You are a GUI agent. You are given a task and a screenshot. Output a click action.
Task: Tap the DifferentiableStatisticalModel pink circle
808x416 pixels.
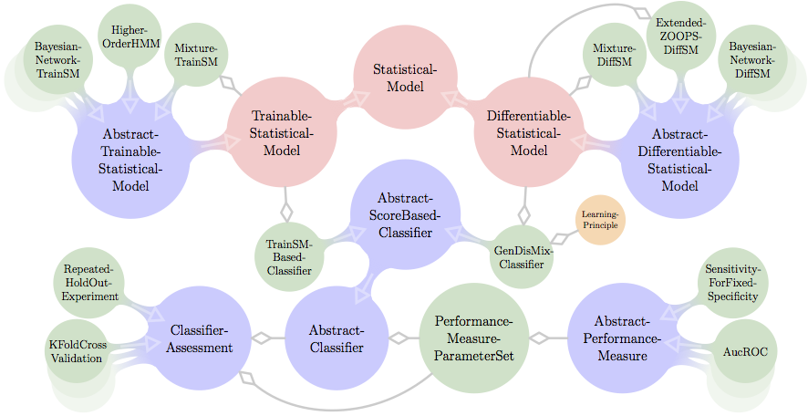(528, 133)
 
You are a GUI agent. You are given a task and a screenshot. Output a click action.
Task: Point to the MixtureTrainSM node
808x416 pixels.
(196, 54)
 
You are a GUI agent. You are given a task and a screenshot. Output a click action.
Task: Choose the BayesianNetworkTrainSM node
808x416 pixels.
(57, 59)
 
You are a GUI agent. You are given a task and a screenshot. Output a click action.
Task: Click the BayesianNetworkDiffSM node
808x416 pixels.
(752, 59)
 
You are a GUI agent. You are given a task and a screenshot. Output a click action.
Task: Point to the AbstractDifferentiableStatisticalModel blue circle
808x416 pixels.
(679, 157)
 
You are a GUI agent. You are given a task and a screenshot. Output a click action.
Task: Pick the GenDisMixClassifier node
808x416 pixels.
(523, 256)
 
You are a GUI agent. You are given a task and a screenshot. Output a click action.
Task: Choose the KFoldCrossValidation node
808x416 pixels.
(78, 350)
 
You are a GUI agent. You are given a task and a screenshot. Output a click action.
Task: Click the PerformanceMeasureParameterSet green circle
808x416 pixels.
(474, 338)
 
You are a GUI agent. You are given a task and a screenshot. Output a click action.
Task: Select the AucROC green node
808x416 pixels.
(745, 350)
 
